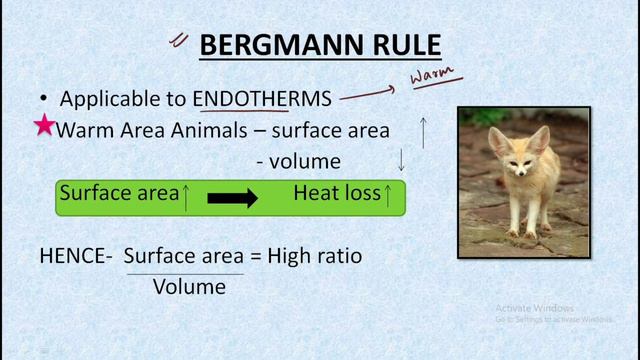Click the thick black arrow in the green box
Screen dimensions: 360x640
pyautogui.click(x=232, y=197)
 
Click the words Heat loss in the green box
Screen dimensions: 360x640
pyautogui.click(x=336, y=194)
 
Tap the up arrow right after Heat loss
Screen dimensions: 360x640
pyautogui.click(x=388, y=194)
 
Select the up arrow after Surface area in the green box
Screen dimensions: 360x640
pyautogui.click(x=186, y=196)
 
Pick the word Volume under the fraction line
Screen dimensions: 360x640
pyautogui.click(x=189, y=287)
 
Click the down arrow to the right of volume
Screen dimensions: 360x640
pyautogui.click(x=402, y=159)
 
